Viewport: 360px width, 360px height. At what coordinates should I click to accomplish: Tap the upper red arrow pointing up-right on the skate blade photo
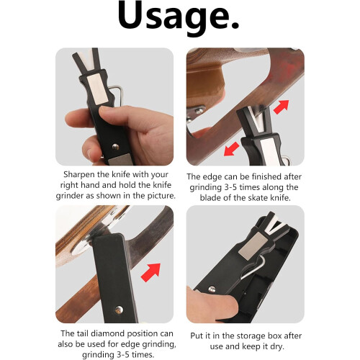(282, 107)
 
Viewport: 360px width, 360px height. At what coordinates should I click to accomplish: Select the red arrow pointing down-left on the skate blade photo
(231, 149)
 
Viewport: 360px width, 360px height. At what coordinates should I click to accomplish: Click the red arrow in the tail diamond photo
(150, 272)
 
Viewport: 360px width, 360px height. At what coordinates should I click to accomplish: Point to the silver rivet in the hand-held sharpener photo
(116, 147)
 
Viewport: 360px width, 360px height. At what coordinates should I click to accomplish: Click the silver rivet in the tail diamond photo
(119, 310)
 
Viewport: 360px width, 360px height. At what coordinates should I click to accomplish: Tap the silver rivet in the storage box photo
(212, 289)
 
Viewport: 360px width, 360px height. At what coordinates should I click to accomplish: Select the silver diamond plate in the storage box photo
(252, 246)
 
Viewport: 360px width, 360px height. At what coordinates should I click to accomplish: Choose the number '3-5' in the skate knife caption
(230, 187)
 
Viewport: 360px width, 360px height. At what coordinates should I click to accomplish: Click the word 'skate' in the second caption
(258, 198)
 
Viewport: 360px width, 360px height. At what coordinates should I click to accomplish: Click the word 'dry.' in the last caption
(276, 346)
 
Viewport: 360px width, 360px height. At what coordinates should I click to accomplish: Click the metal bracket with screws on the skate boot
(196, 113)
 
